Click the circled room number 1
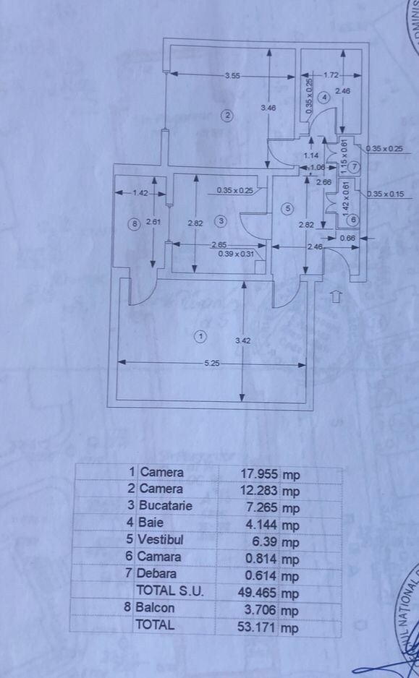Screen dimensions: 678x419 tap(200, 336)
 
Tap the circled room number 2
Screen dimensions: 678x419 tap(227, 115)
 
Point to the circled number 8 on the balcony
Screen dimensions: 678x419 tap(134, 224)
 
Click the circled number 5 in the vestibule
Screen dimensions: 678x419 tap(288, 209)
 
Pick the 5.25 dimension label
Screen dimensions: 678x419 tap(212, 363)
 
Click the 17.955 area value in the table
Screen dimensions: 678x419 tap(260, 473)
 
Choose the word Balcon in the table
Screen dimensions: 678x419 tap(155, 609)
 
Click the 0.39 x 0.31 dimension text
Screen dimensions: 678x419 tap(236, 254)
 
